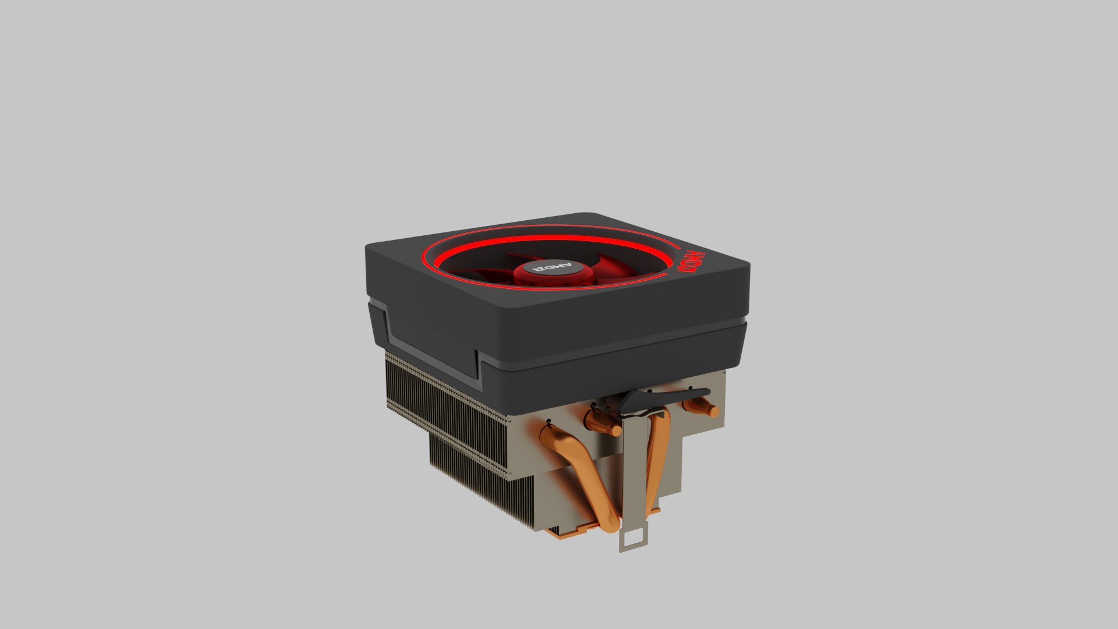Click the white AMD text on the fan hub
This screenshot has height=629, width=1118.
tap(554, 269)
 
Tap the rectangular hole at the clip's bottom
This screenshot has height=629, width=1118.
tap(634, 536)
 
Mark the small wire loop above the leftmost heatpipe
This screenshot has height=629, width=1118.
tap(549, 420)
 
